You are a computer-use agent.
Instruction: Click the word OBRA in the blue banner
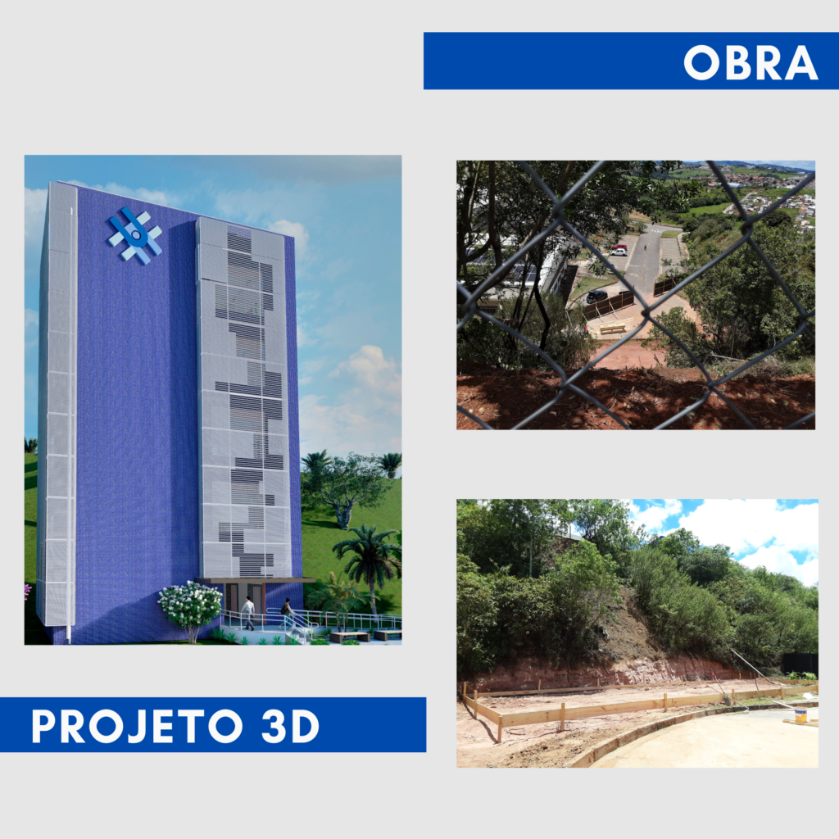click(x=751, y=62)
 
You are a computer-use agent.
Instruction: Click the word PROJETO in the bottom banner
click(x=138, y=726)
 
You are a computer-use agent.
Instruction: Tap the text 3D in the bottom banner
click(x=291, y=726)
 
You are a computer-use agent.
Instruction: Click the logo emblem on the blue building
click(x=135, y=235)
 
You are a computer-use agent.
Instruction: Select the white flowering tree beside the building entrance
click(x=190, y=610)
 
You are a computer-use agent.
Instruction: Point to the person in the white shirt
click(x=247, y=613)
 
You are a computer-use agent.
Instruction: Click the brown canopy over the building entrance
click(x=254, y=581)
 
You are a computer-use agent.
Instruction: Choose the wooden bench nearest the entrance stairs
click(x=349, y=637)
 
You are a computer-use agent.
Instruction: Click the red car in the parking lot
click(x=619, y=247)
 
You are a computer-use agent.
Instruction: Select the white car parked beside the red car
click(x=618, y=252)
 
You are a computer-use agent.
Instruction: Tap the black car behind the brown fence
click(x=596, y=296)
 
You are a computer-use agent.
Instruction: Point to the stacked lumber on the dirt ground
click(x=614, y=329)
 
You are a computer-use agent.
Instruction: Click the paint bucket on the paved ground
click(x=800, y=715)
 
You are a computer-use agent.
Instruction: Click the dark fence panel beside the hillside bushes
click(x=800, y=664)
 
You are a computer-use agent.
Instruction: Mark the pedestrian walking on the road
click(x=646, y=248)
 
